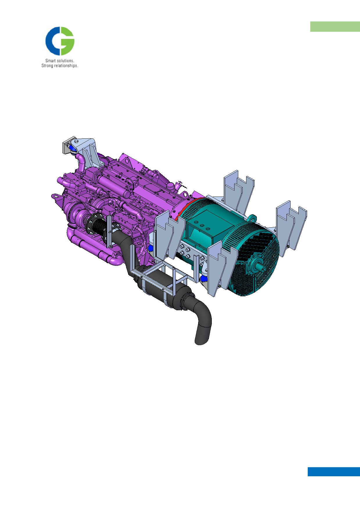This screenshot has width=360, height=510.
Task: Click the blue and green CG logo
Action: coord(60,41)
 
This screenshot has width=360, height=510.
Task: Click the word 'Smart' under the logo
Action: coord(51,61)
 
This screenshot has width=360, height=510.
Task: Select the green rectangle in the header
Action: coord(335,26)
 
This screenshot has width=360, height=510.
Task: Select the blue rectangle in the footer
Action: coord(334,472)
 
